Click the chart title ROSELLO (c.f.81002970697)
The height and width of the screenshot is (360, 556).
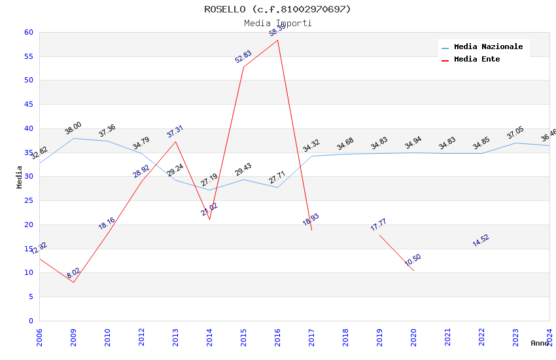click(277, 9)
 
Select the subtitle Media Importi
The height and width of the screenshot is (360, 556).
click(277, 23)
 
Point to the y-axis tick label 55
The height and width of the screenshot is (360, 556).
click(28, 56)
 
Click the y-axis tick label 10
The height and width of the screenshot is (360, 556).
click(28, 273)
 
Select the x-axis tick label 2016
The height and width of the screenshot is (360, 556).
click(277, 337)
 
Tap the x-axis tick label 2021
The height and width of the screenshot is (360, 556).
click(447, 337)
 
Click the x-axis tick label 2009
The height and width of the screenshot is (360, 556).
click(73, 337)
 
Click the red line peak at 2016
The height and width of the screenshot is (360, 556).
click(277, 40)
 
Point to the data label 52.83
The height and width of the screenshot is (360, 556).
click(243, 57)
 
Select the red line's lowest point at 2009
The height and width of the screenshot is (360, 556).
click(73, 282)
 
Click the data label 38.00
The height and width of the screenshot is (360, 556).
click(73, 128)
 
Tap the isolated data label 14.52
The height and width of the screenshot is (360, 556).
click(481, 240)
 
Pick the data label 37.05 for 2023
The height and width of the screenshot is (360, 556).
click(515, 133)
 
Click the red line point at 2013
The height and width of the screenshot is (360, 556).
click(175, 141)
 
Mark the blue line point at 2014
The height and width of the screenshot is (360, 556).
click(209, 190)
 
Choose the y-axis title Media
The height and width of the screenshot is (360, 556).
click(20, 177)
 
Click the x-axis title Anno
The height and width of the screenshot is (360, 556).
click(540, 343)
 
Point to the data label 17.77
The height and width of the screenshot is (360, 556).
click(379, 225)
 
